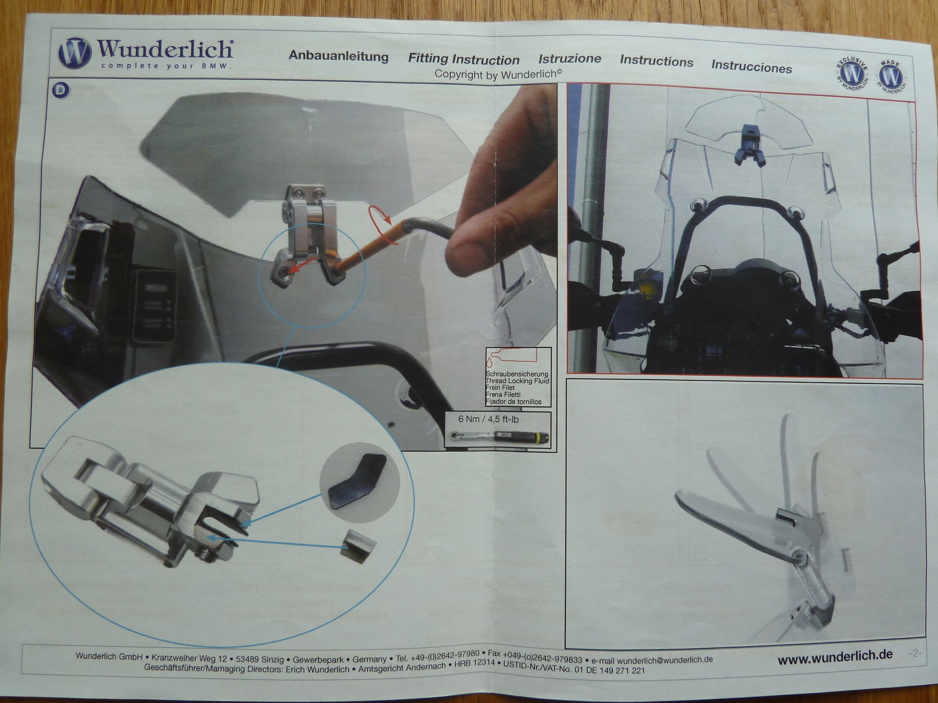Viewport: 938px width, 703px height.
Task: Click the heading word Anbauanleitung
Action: click(x=339, y=56)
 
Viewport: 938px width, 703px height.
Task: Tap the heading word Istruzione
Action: click(x=569, y=59)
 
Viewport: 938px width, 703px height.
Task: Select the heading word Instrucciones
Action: click(x=751, y=67)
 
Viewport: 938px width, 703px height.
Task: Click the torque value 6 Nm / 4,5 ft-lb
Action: click(x=488, y=419)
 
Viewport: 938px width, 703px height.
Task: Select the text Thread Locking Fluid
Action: click(x=517, y=380)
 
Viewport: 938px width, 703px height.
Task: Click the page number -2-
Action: click(x=916, y=653)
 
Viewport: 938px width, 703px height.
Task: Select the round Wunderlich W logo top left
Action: click(x=75, y=53)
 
